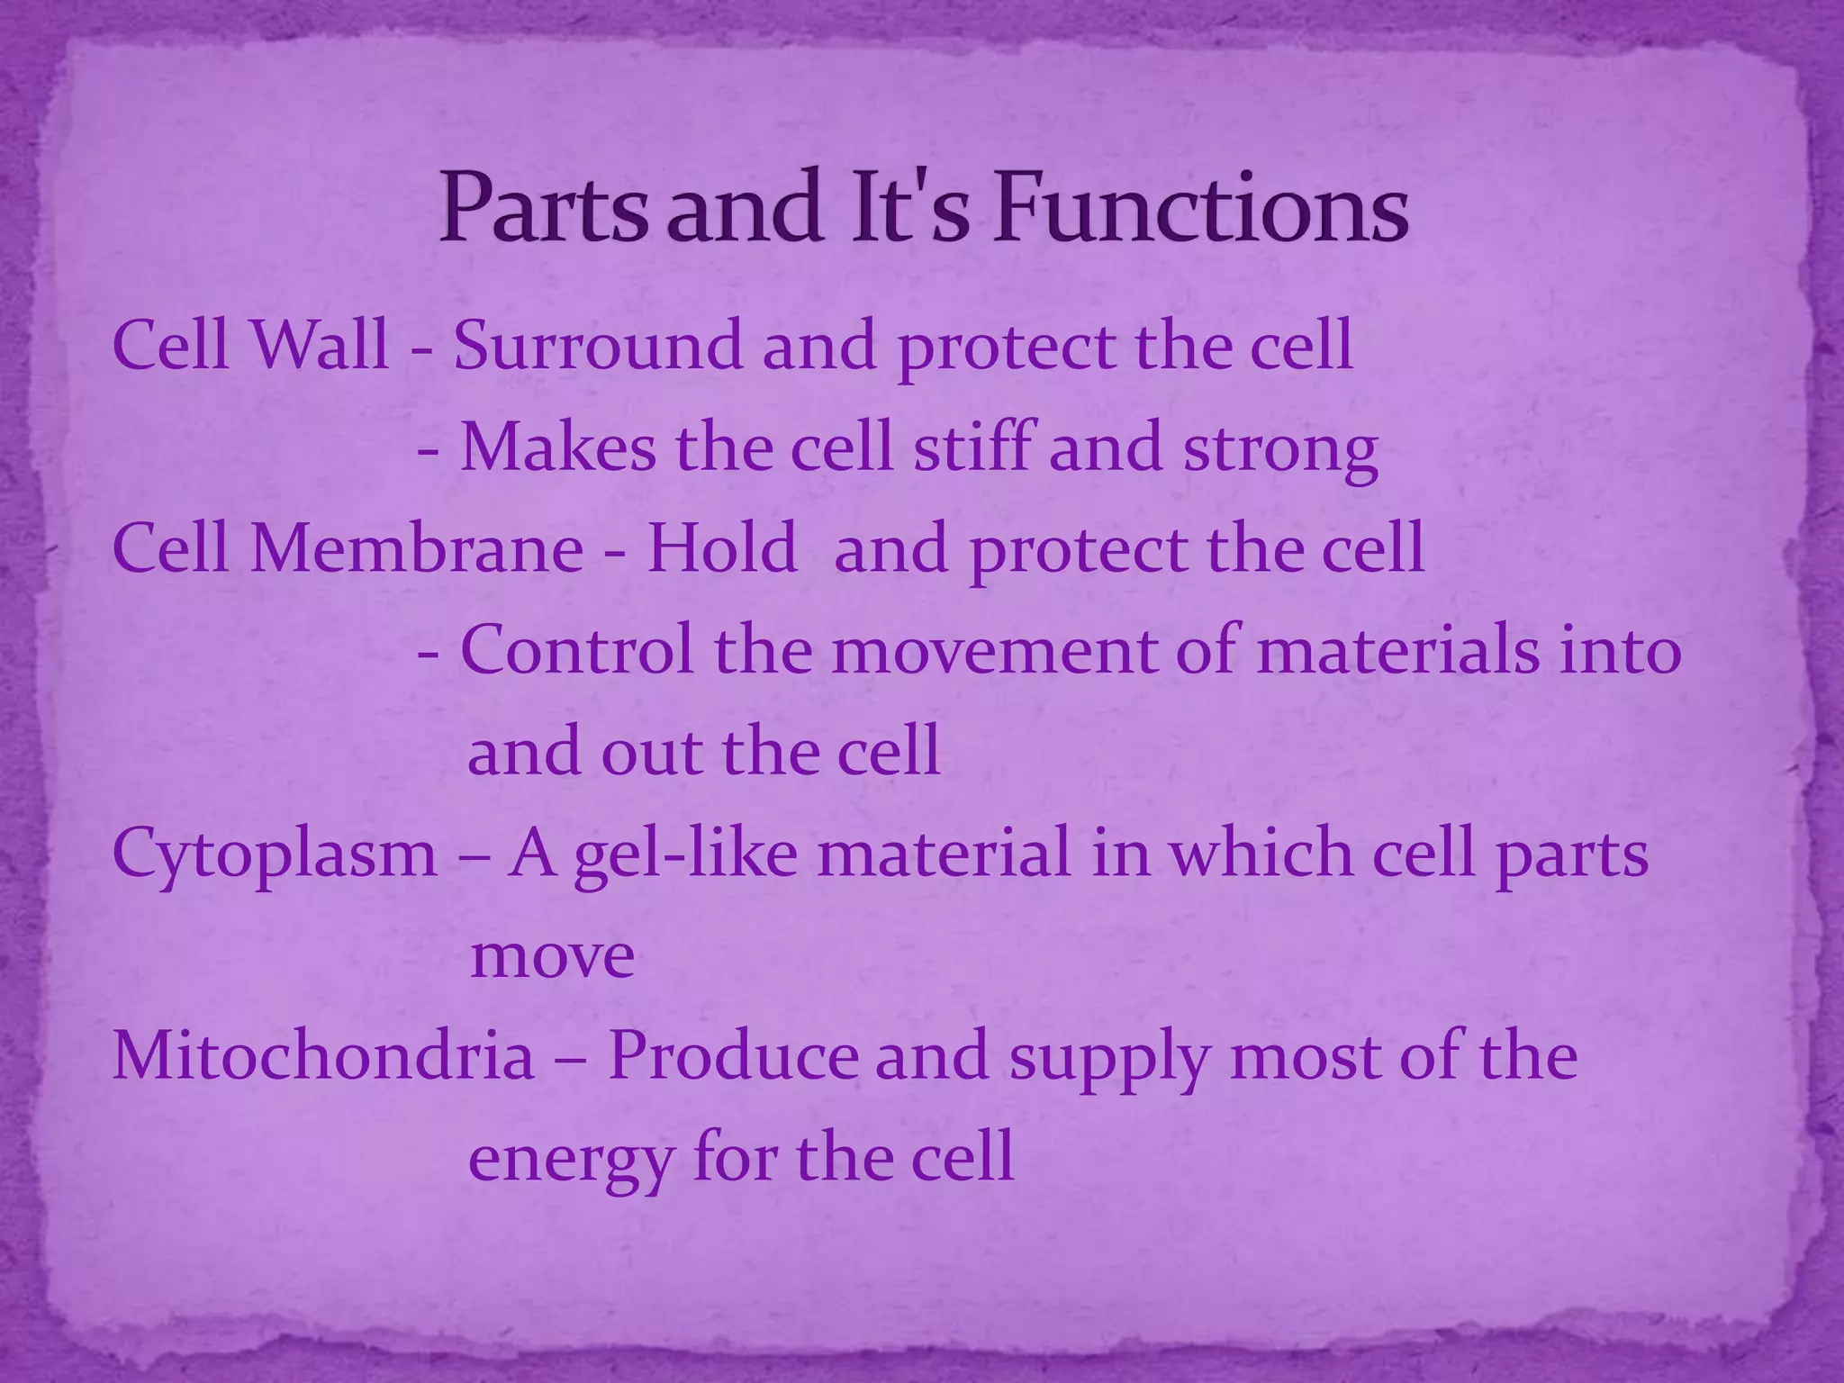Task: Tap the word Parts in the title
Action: tap(543, 209)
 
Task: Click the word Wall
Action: tap(320, 345)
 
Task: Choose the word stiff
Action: tap(974, 447)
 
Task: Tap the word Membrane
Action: tap(417, 548)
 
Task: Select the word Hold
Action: tap(722, 548)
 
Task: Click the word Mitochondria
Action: tap(323, 1055)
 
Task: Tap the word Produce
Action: tap(733, 1055)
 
